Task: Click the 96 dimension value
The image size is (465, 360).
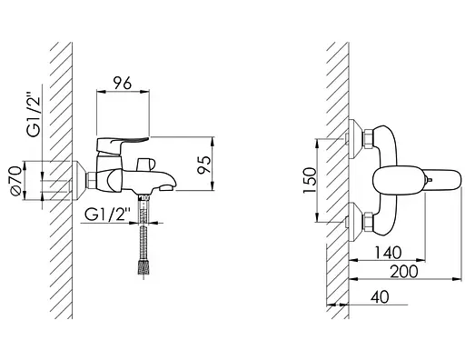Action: (123, 83)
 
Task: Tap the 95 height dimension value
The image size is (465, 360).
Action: (203, 165)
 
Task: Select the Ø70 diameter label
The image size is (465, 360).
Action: (15, 180)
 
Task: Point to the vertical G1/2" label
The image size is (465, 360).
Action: (34, 116)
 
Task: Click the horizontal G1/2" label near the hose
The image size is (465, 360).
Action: (107, 215)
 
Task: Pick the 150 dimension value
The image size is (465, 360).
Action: (310, 180)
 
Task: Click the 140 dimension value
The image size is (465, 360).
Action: (388, 253)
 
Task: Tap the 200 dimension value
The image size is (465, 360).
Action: (404, 271)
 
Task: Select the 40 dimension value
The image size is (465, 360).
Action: (380, 297)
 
